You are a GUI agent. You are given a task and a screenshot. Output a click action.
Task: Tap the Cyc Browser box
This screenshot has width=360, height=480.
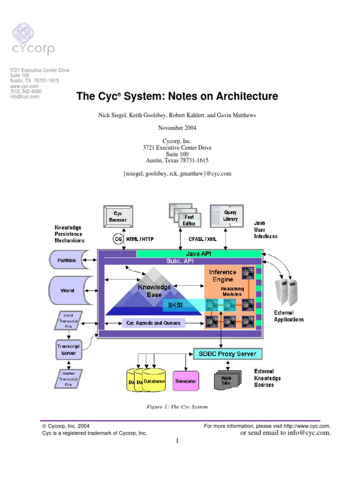click(x=118, y=217)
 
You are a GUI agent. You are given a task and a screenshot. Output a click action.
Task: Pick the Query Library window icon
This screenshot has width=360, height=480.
click(x=227, y=216)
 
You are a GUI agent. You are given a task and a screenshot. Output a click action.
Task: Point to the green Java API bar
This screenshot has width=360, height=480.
click(x=199, y=254)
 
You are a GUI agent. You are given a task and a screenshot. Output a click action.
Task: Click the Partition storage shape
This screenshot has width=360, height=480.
click(x=67, y=260)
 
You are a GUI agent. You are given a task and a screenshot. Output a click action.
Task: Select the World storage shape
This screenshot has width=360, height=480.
click(x=67, y=290)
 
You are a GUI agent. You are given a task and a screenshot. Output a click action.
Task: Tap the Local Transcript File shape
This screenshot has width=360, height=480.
click(x=68, y=321)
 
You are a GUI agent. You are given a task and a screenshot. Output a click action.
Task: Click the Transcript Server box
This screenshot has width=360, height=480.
click(x=69, y=350)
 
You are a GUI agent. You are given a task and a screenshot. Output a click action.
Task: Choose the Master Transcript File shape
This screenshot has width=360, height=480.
click(x=68, y=378)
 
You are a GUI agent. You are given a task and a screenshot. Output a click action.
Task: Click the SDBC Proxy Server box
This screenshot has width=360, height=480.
click(x=228, y=353)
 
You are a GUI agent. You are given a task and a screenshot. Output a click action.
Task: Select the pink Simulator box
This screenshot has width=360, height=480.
click(x=186, y=381)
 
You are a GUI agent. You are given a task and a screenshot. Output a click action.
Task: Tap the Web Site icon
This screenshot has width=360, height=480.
click(x=227, y=380)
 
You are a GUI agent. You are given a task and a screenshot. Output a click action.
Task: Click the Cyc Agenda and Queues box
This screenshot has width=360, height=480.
click(x=153, y=323)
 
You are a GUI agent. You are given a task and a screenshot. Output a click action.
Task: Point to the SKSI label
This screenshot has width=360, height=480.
click(x=172, y=305)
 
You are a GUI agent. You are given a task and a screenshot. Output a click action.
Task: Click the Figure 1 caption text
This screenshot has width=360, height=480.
click(x=177, y=407)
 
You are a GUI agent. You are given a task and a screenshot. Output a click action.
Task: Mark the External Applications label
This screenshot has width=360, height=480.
click(x=288, y=316)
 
